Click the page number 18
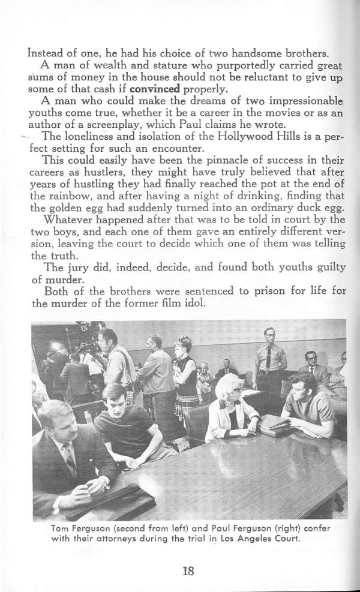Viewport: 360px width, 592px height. [188, 570]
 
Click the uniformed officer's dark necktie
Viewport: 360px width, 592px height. [268, 360]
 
